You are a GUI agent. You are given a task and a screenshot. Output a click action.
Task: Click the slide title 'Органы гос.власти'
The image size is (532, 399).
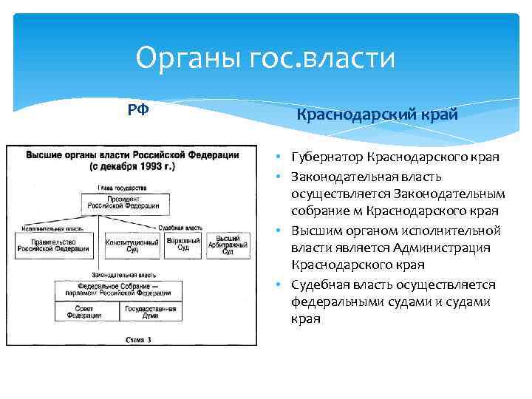(266, 58)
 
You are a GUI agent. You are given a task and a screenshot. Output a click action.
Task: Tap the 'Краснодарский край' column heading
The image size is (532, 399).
(378, 115)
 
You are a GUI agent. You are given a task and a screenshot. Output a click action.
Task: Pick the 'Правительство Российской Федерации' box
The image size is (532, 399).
(52, 245)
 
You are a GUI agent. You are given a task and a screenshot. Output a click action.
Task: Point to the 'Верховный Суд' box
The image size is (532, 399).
(183, 245)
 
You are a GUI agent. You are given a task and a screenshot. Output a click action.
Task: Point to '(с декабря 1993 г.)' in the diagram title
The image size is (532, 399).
(132, 167)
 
